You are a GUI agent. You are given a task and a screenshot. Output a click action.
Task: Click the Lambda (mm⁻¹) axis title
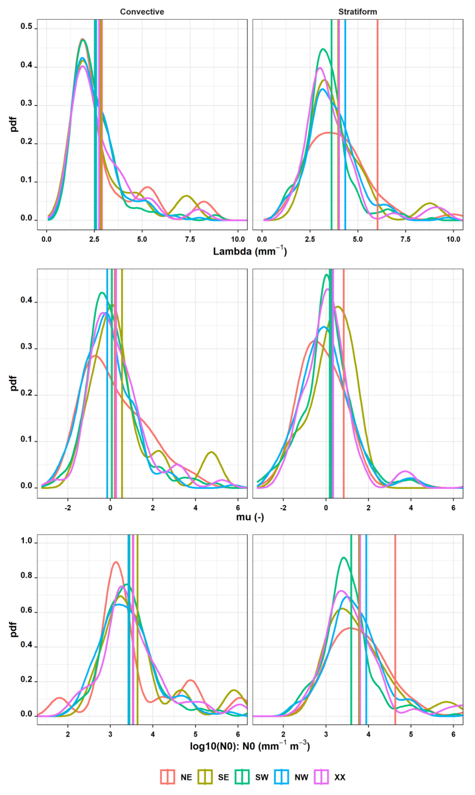250,251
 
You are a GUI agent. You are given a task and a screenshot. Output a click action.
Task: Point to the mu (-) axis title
250,517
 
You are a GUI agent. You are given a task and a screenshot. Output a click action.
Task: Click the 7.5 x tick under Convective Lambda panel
190,239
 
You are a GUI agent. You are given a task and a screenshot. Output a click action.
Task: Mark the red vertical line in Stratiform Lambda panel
377,96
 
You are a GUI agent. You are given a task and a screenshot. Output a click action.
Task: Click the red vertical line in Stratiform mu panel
343,416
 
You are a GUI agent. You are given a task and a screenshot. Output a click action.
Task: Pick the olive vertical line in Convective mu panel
122,416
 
